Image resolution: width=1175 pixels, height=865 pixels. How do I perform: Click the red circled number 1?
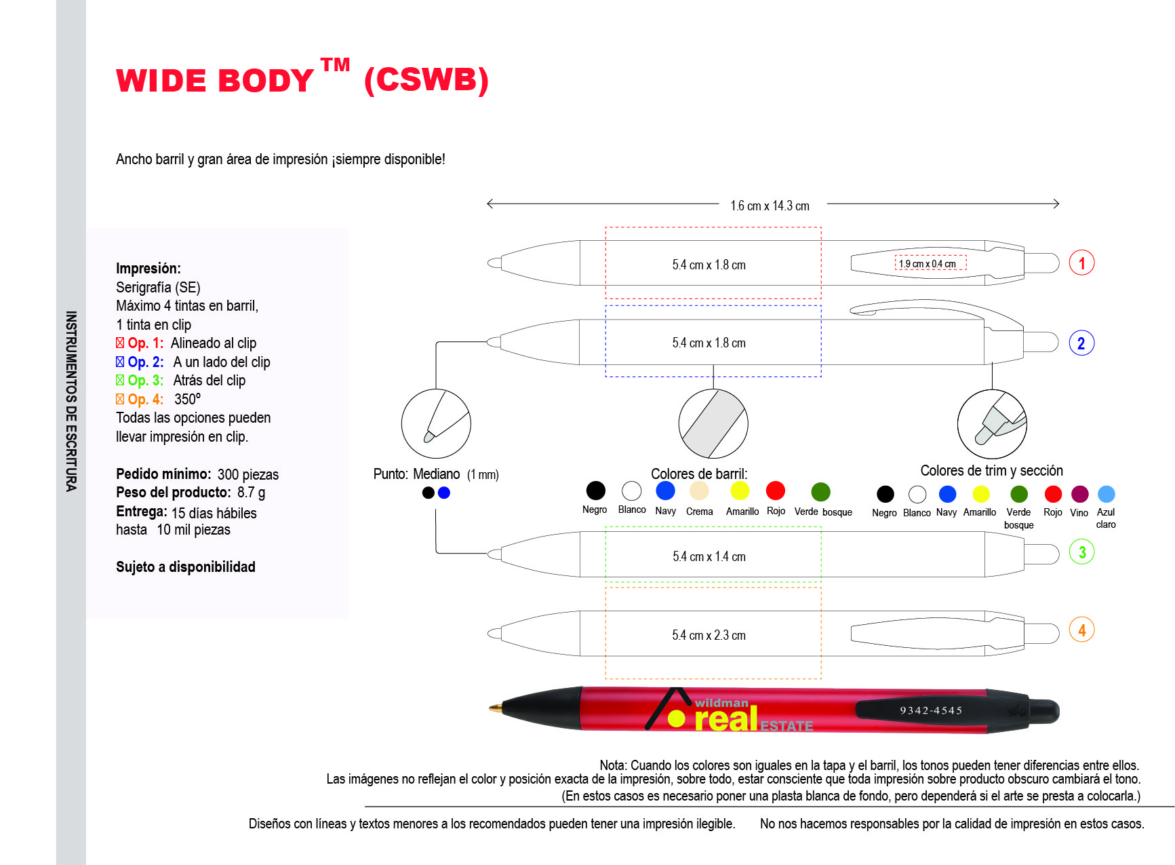[x=1081, y=263]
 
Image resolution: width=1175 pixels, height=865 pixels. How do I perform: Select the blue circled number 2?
[x=1081, y=343]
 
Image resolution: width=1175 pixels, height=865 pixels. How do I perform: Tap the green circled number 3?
[x=1081, y=552]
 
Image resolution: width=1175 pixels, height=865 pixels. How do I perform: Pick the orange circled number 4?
[x=1081, y=630]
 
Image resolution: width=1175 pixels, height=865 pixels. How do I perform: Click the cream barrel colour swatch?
[x=699, y=491]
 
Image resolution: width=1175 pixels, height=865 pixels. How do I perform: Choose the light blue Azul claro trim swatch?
[x=1106, y=494]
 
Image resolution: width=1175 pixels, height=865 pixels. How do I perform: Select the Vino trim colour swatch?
[x=1079, y=494]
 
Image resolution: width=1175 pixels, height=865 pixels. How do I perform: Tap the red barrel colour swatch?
[x=775, y=491]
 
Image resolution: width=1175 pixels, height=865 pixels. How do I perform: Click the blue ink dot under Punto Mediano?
[x=444, y=493]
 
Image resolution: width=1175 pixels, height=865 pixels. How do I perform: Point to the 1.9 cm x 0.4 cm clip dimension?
[x=928, y=264]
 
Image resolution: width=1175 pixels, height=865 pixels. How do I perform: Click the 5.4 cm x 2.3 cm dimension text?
[x=709, y=635]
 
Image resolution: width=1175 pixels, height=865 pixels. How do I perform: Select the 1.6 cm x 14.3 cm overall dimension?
[x=770, y=206]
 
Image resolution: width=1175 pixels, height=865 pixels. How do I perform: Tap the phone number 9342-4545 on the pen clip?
[x=931, y=710]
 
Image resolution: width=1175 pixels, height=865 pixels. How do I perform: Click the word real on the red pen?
[x=726, y=720]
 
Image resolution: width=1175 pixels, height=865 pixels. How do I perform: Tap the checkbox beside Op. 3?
[x=120, y=380]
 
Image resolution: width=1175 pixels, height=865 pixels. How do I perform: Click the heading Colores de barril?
[x=699, y=474]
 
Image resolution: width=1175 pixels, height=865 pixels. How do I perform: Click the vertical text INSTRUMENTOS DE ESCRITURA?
[x=71, y=401]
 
